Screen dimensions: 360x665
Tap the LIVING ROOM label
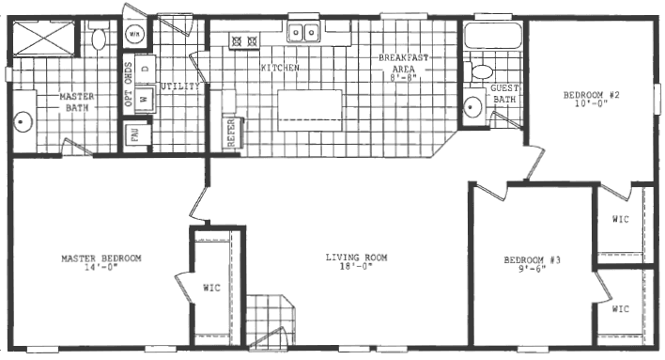(356, 258)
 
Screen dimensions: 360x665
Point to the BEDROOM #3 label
(532, 258)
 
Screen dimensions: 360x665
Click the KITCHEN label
(280, 69)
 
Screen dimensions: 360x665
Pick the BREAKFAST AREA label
(404, 63)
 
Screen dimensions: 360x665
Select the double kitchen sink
(305, 34)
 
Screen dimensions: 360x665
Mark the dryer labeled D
(146, 68)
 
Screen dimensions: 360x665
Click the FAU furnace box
(135, 136)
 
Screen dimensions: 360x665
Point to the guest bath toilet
(481, 71)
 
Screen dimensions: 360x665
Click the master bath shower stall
(38, 39)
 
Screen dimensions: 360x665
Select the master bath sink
(23, 120)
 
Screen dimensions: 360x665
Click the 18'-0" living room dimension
(356, 267)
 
